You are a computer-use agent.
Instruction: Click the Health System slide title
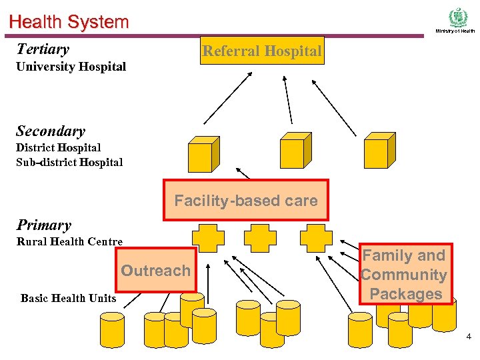tap(69, 22)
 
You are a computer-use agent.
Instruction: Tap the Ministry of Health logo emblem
tap(458, 17)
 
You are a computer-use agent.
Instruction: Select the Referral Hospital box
tap(262, 51)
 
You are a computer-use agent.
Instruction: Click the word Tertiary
tap(43, 49)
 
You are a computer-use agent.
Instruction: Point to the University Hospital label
tap(71, 67)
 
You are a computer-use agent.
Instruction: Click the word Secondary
tap(51, 131)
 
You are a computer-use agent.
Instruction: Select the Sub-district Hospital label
tap(69, 162)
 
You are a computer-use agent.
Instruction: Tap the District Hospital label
tap(59, 147)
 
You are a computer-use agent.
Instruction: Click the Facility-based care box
tap(246, 200)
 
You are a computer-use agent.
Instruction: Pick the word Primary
tap(44, 225)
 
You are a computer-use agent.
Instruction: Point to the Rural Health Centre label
tap(69, 241)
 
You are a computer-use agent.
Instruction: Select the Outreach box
tap(156, 270)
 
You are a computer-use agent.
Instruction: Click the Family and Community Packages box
tap(405, 274)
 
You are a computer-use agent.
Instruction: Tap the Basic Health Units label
tap(68, 298)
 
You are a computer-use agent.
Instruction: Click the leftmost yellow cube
tap(204, 154)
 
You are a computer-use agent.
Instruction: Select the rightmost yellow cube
tap(379, 150)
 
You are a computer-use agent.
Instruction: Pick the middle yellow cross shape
tap(260, 238)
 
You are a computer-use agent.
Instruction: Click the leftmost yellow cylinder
tap(113, 330)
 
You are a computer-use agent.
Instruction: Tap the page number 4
tap(469, 337)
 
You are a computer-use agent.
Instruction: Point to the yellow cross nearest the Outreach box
tap(208, 238)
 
